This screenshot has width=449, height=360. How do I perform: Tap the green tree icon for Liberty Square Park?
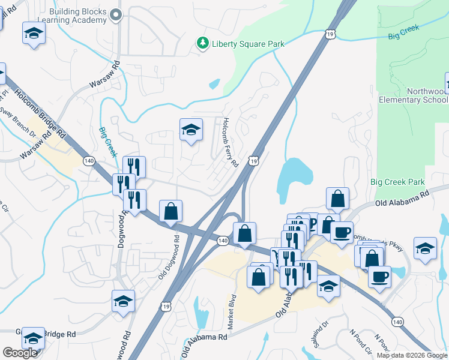[202, 43]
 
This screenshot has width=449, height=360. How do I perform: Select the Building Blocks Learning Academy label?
[79, 16]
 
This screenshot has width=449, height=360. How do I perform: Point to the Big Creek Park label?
[397, 182]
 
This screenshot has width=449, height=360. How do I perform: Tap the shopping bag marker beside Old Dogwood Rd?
[171, 211]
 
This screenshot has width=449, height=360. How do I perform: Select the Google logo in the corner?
[20, 353]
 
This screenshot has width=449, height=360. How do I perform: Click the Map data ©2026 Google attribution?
[412, 355]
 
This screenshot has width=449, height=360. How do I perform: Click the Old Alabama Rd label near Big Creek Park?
[402, 197]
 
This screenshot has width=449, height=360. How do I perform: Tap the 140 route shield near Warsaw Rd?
[89, 161]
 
